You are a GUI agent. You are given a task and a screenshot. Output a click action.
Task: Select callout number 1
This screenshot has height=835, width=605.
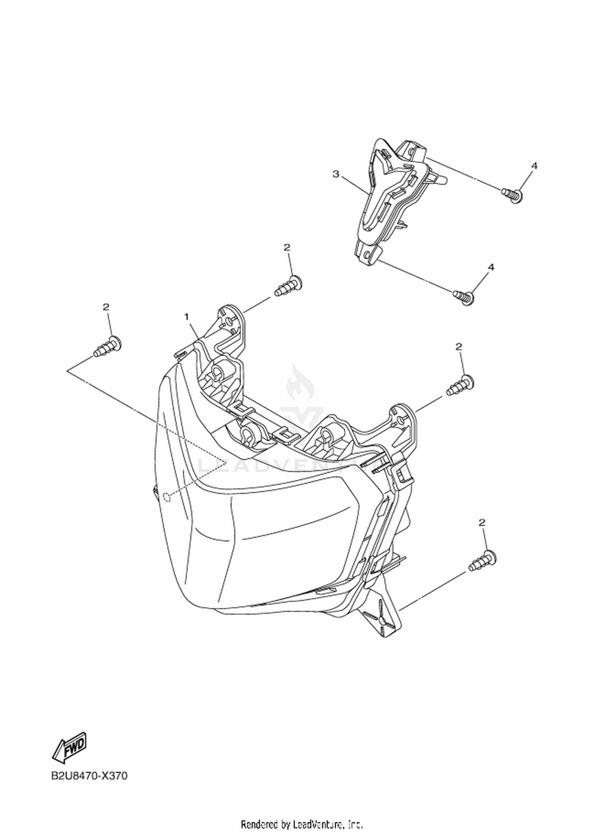pos(187,317)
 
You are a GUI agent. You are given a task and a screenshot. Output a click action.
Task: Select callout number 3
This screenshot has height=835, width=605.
pos(336,174)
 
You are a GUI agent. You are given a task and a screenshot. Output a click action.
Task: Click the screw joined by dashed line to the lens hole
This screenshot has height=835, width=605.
pos(108,346)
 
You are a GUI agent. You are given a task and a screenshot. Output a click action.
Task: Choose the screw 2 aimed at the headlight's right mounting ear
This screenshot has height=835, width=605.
pos(460,385)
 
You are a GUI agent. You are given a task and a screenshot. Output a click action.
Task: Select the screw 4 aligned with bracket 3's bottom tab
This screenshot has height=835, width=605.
pos(463,298)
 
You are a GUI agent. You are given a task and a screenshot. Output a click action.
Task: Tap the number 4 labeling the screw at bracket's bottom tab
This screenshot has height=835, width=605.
pos(491,267)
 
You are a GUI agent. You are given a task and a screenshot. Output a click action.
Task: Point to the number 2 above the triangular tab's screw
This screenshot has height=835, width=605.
pos(482,522)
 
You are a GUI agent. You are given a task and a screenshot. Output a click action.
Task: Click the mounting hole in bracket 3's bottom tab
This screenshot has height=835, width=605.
pos(366,255)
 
